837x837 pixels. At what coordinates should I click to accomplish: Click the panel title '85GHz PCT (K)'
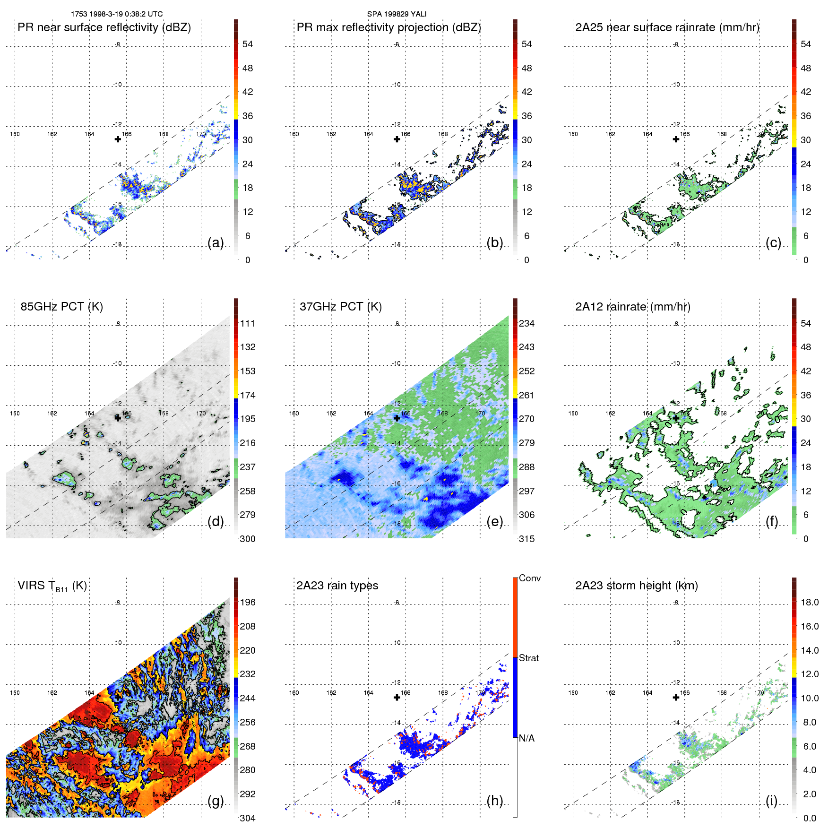click(x=61, y=307)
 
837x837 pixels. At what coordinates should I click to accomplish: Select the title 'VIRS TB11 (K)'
click(x=52, y=586)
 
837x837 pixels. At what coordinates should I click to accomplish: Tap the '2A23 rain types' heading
click(x=337, y=586)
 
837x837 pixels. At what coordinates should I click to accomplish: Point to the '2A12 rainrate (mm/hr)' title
click(x=632, y=307)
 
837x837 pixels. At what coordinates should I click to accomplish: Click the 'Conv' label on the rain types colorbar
click(x=529, y=578)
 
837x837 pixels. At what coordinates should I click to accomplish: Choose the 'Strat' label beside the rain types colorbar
click(x=528, y=658)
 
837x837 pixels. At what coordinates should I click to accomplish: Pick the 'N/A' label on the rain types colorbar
click(x=526, y=738)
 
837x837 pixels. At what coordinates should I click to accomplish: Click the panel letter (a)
click(x=216, y=243)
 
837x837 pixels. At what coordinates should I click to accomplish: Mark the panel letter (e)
click(x=494, y=522)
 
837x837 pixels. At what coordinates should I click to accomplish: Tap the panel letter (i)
click(x=771, y=801)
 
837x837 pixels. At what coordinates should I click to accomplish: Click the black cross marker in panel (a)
click(x=118, y=139)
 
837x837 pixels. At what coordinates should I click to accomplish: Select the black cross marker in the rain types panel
click(x=397, y=698)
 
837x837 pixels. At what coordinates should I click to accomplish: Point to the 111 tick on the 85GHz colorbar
click(x=247, y=323)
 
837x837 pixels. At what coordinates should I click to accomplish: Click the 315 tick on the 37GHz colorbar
click(x=526, y=539)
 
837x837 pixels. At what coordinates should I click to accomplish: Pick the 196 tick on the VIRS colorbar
click(x=247, y=602)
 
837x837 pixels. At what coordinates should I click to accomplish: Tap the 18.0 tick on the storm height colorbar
click(x=809, y=602)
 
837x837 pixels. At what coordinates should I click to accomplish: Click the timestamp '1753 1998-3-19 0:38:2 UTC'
click(x=117, y=14)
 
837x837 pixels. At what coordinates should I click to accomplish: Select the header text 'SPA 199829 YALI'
click(x=397, y=14)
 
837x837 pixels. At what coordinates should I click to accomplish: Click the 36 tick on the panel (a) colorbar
click(x=247, y=116)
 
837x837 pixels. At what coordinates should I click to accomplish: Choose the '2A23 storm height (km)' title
click(x=636, y=586)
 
